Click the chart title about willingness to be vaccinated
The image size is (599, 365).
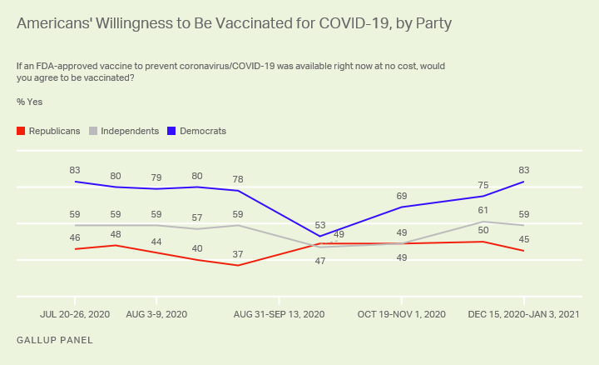[235, 23]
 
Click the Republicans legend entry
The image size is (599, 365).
[49, 131]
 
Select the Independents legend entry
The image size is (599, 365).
[124, 131]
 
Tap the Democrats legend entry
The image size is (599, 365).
[196, 131]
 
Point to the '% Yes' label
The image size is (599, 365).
[29, 102]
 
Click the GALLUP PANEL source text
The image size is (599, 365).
[55, 340]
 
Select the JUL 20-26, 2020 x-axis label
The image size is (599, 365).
[75, 314]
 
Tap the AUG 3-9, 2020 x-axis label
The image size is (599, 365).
[156, 314]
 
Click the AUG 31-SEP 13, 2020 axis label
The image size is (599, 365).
[279, 314]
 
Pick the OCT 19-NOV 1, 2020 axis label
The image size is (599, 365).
[402, 314]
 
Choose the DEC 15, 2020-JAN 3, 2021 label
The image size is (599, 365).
[523, 314]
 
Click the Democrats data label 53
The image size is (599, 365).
[321, 224]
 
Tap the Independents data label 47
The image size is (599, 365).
[319, 261]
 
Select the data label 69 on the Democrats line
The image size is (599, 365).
[402, 195]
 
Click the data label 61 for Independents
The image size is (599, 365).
[483, 210]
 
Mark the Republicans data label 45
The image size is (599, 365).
[523, 240]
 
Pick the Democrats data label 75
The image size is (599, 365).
[483, 185]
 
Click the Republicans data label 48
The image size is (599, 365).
[116, 234]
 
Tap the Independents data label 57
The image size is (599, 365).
[197, 217]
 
